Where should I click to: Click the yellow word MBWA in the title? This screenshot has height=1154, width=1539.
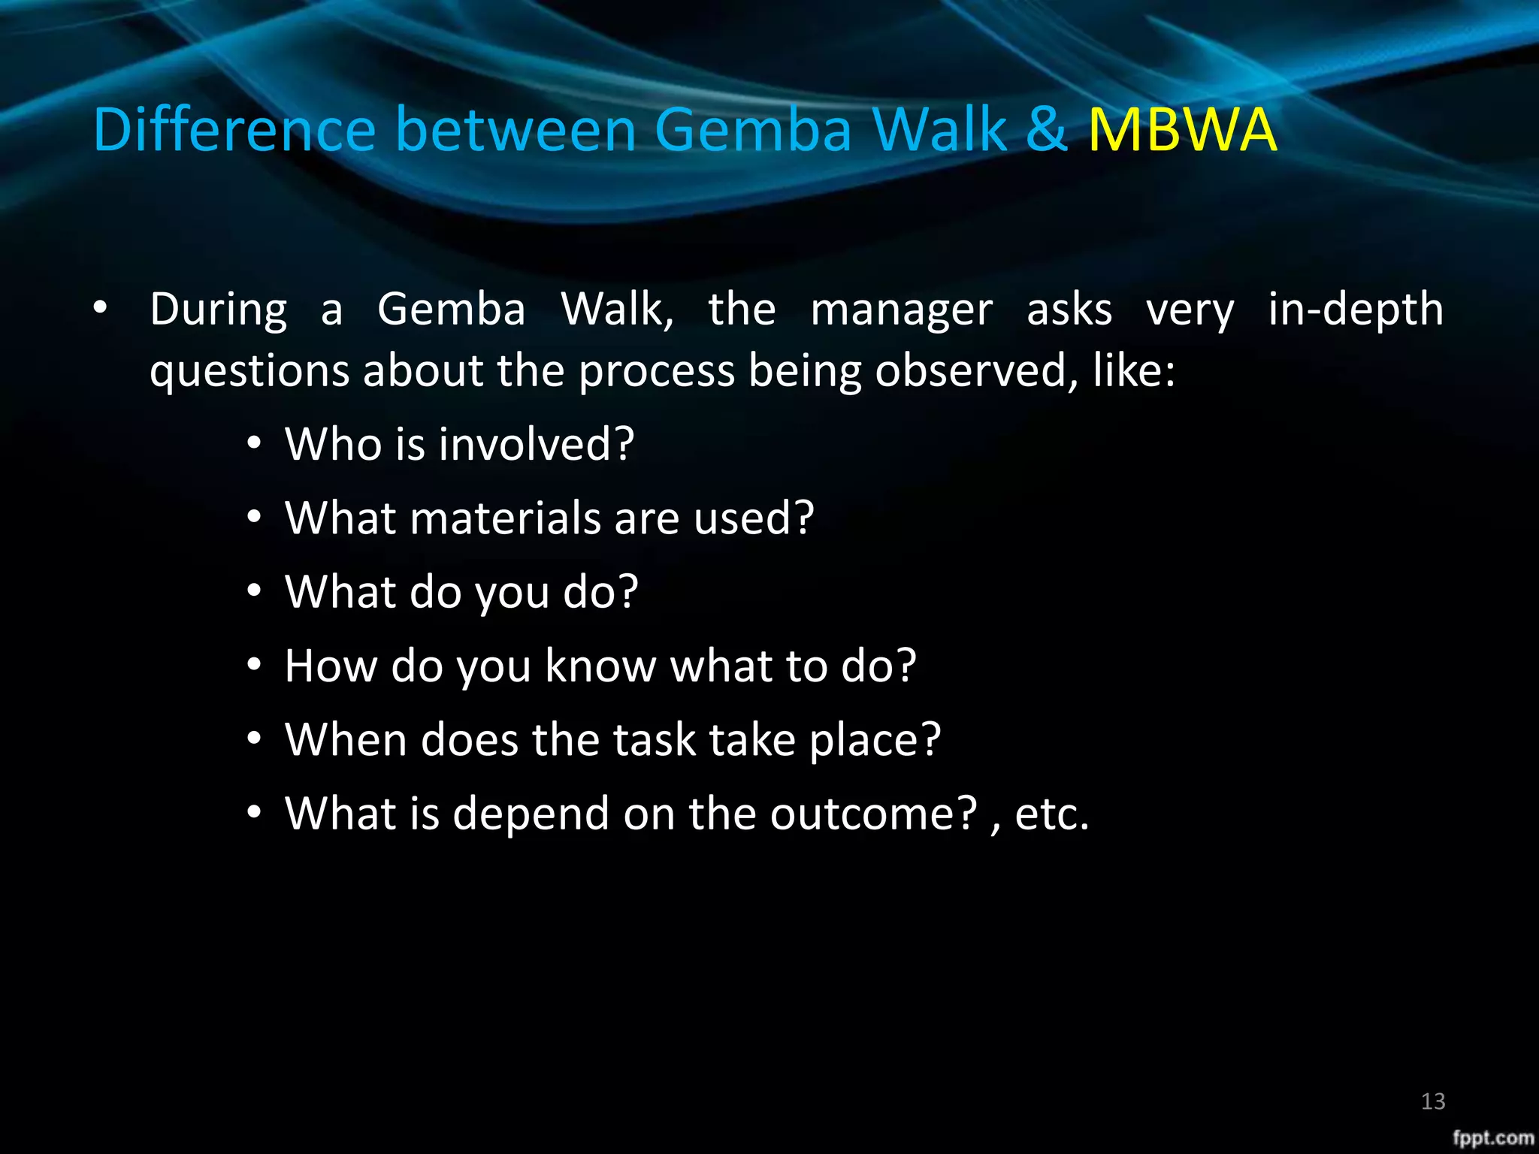[1182, 130]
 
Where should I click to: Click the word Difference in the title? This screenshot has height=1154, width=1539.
[234, 130]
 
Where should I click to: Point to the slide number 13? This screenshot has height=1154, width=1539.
[1433, 1101]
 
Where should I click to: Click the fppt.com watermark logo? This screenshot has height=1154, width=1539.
[1492, 1137]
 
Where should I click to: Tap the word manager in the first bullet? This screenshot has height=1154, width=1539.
[901, 310]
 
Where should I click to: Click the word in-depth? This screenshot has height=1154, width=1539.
[1355, 310]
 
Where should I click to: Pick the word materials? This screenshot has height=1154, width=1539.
[504, 518]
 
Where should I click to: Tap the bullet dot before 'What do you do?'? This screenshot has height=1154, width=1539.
[255, 591]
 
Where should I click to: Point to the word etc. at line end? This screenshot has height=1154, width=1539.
[1051, 814]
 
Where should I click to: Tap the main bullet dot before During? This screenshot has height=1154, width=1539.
[101, 308]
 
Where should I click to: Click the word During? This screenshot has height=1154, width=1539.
[218, 310]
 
